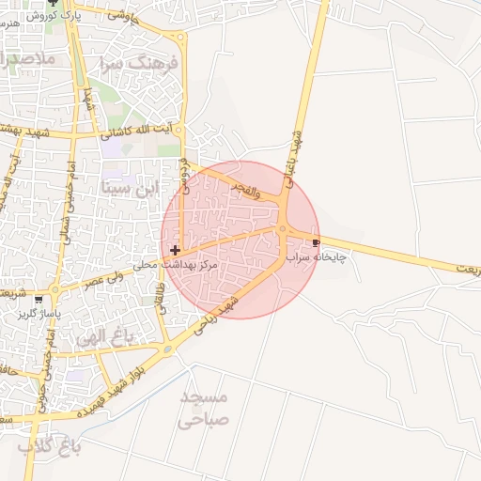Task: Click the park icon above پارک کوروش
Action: pyautogui.click(x=65, y=3)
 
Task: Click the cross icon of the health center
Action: pyautogui.click(x=175, y=250)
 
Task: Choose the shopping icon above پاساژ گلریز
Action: pyautogui.click(x=39, y=300)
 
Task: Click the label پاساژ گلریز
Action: pyautogui.click(x=39, y=313)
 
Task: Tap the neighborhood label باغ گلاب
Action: pyautogui.click(x=51, y=446)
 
